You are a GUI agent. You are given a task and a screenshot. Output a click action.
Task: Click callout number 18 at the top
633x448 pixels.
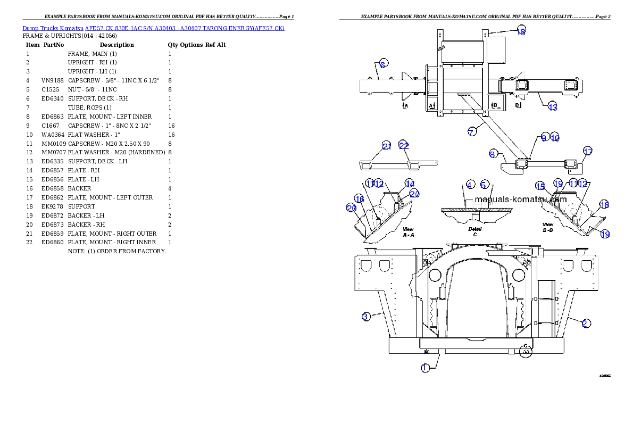[x=521, y=31]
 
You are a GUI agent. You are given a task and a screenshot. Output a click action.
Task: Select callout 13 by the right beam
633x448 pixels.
[x=553, y=107]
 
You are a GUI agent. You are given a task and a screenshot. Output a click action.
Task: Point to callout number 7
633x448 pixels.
[x=472, y=132]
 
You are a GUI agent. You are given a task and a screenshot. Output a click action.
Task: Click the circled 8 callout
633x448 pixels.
[x=493, y=154]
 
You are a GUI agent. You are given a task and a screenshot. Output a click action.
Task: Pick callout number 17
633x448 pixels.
[x=587, y=152]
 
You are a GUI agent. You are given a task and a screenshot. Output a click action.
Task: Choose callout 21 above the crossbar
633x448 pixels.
[x=387, y=146]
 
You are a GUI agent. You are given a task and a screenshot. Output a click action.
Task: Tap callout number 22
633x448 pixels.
[x=404, y=146]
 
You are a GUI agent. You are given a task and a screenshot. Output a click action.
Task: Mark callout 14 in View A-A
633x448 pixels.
[x=409, y=183]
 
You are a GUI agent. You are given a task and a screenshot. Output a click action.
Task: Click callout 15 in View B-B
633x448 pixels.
[x=540, y=186]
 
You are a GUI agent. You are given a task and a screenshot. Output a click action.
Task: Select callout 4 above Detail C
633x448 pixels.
[x=470, y=185]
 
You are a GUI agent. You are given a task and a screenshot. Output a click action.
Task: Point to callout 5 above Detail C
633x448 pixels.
[x=484, y=185]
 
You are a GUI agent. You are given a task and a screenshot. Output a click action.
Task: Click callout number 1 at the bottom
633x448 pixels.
[x=425, y=368]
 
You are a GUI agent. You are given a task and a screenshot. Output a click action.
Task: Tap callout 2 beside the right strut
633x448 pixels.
[x=585, y=323]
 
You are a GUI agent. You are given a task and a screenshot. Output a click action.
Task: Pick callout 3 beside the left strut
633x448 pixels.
[x=365, y=317]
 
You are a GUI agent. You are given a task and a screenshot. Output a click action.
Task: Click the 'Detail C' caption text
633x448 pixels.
[x=475, y=231]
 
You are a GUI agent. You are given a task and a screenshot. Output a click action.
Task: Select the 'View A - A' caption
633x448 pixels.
[x=408, y=231]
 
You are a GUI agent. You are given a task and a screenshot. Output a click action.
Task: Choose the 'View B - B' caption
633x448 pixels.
[x=548, y=228]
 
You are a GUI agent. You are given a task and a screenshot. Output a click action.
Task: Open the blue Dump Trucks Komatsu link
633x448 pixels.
[x=153, y=28]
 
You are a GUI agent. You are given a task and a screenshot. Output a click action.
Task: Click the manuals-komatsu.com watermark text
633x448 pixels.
[x=520, y=200]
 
